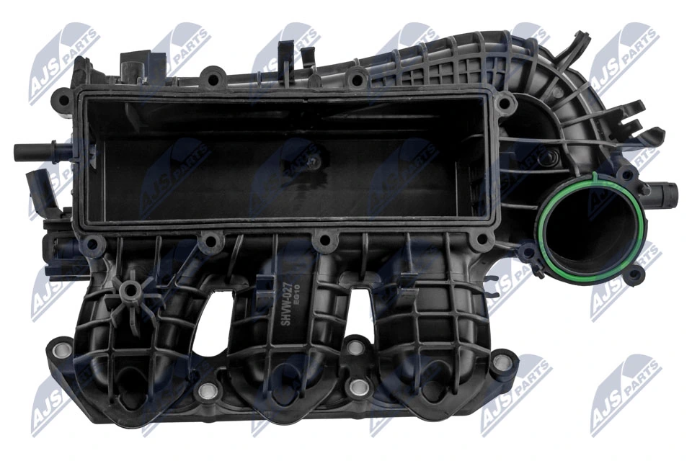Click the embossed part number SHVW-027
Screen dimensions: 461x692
286,308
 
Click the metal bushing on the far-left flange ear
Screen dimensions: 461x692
61,352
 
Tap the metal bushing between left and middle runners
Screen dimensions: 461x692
208,391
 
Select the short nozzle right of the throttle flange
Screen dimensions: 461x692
666,194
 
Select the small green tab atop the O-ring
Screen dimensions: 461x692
593,176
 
